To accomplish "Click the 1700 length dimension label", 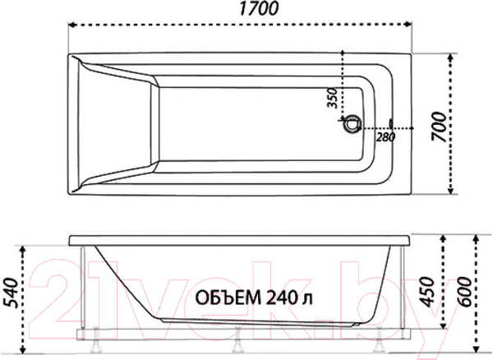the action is pyautogui.click(x=259, y=9).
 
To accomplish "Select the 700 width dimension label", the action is pyautogui.click(x=439, y=127).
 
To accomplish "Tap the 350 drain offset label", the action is pyautogui.click(x=332, y=98).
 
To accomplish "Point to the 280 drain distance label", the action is pyautogui.click(x=385, y=137).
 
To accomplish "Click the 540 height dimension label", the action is pyautogui.click(x=10, y=292).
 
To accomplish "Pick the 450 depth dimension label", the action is pyautogui.click(x=427, y=292).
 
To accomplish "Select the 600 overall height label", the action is pyautogui.click(x=465, y=292).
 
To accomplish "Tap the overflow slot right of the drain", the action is pyautogui.click(x=391, y=123).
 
